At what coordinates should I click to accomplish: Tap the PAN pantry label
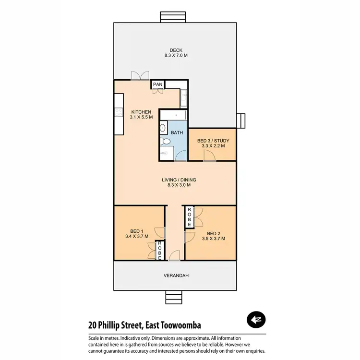pos(158,84)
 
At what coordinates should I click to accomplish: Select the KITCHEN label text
pos(141,112)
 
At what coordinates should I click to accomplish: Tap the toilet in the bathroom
pos(164,141)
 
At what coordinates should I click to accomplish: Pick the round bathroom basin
pos(163,128)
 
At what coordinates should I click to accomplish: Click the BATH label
pos(177,132)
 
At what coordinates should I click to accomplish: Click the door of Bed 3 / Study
pos(208,155)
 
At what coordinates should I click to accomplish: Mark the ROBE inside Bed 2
pos(190,217)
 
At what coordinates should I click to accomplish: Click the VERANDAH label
pos(175,276)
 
